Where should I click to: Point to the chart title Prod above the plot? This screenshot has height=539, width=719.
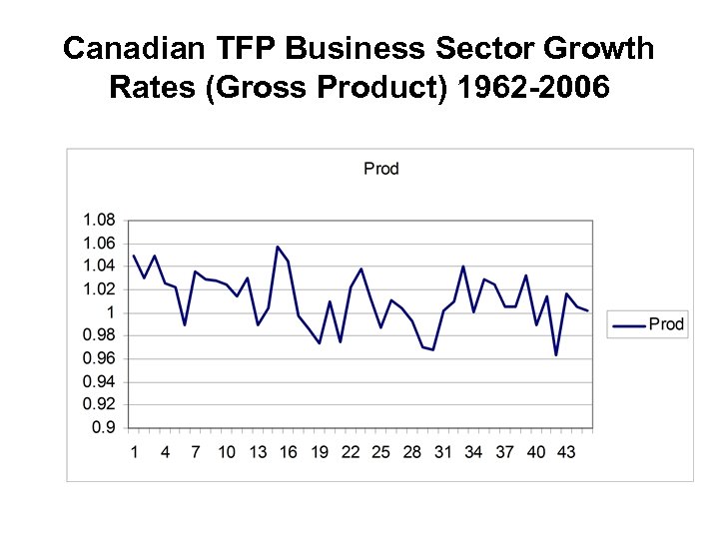pyautogui.click(x=380, y=169)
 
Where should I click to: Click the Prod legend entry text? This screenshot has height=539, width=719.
pyautogui.click(x=666, y=323)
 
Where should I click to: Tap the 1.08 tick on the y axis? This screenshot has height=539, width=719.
pyautogui.click(x=99, y=220)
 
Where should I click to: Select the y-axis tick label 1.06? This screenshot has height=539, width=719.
pyautogui.click(x=99, y=244)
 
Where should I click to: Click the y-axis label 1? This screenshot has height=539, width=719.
pyautogui.click(x=110, y=312)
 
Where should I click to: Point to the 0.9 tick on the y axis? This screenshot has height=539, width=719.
pyautogui.click(x=104, y=428)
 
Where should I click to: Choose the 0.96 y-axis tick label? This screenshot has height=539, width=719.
pyautogui.click(x=99, y=358)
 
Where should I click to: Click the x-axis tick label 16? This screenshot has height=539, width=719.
pyautogui.click(x=288, y=452)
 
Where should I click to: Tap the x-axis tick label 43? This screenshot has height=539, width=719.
pyautogui.click(x=566, y=452)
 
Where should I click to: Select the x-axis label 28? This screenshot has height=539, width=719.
pyautogui.click(x=411, y=452)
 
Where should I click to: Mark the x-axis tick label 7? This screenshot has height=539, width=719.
pyautogui.click(x=196, y=452)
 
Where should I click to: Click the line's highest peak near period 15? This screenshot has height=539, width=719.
pyautogui.click(x=278, y=247)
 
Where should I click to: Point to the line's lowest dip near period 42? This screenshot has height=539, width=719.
pyautogui.click(x=556, y=354)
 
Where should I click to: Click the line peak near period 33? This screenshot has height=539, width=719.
pyautogui.click(x=463, y=267)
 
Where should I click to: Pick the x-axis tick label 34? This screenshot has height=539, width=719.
pyautogui.click(x=473, y=452)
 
